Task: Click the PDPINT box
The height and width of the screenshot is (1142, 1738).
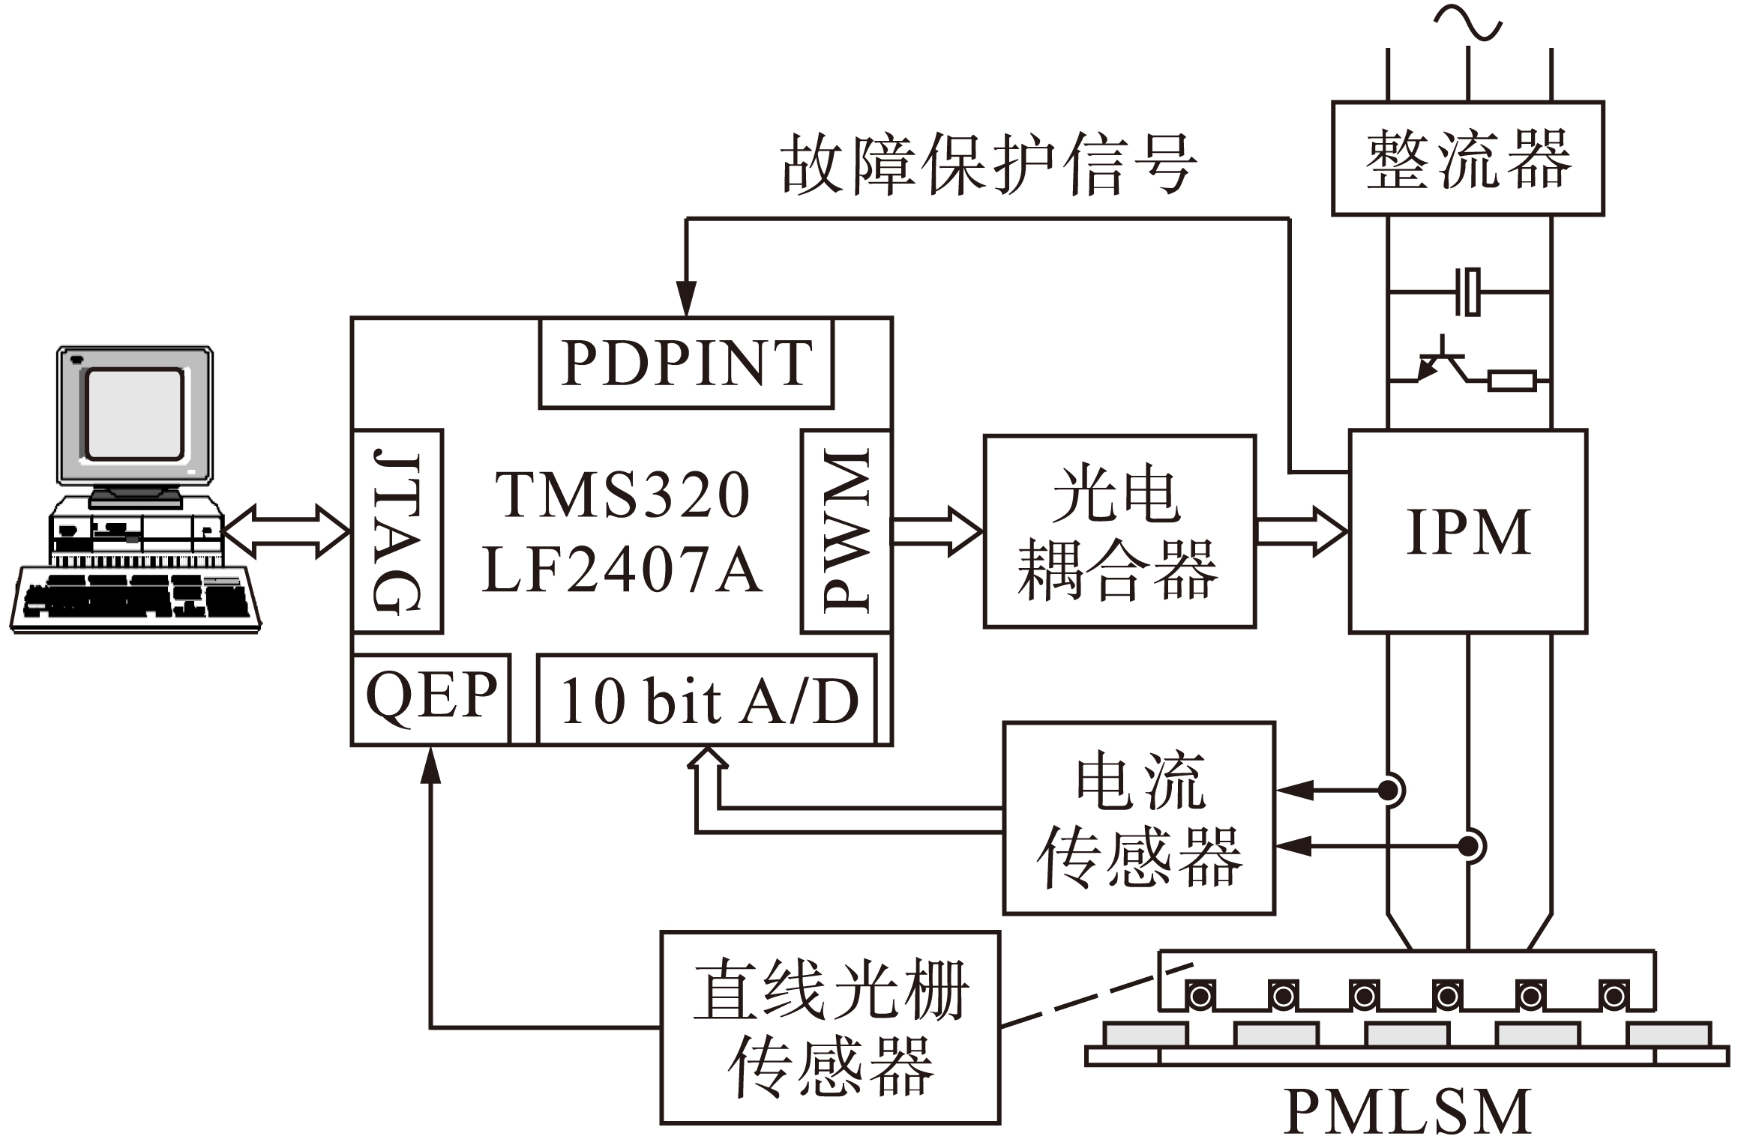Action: tap(685, 363)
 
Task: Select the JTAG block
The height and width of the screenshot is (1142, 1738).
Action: tap(397, 531)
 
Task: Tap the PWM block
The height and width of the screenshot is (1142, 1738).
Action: tap(846, 531)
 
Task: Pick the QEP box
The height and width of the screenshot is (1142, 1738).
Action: tap(431, 698)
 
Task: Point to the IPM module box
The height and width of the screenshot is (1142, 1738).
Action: tap(1467, 531)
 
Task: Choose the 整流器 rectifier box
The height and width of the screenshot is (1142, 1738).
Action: tap(1467, 158)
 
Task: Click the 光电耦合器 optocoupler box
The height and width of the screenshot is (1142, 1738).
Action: tap(1119, 531)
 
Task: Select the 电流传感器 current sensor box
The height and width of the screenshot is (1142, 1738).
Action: tap(1138, 818)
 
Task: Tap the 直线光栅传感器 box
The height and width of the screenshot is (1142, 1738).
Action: tap(830, 1027)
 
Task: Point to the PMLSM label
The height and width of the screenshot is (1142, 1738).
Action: tap(1407, 1112)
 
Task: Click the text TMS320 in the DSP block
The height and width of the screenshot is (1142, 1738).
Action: tap(622, 495)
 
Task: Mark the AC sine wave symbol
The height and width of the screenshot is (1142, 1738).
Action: tap(1467, 22)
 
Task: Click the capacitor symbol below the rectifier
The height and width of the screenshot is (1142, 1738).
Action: tap(1467, 292)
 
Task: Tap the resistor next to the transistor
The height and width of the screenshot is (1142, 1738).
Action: tap(1512, 381)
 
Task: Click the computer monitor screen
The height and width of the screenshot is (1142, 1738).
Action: tap(135, 414)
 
